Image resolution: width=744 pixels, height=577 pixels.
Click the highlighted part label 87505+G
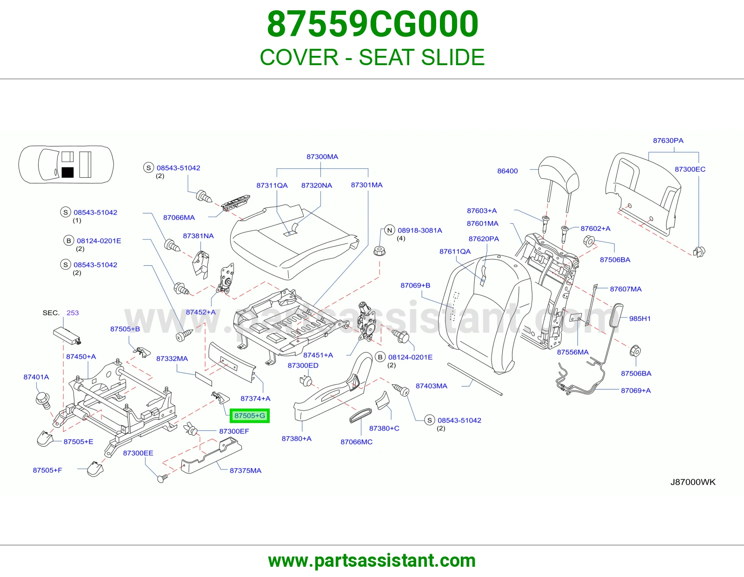250,416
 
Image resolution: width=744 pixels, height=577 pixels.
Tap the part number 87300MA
322,157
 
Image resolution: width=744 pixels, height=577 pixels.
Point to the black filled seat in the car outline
67,172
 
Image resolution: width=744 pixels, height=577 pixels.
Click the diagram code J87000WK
693,482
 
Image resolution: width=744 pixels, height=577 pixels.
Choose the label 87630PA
668,141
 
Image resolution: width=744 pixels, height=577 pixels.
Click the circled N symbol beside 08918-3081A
390,230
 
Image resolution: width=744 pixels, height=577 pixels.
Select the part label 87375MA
246,470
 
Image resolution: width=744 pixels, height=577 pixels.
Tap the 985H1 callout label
640,318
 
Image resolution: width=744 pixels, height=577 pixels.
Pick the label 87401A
36,377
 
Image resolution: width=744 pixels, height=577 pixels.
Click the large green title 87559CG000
372,24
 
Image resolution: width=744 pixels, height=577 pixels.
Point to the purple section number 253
73,313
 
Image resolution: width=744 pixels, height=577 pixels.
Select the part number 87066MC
356,442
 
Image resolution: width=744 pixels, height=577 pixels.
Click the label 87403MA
432,386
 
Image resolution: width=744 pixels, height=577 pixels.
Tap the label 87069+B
415,285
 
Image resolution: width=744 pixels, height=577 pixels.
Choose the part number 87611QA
455,251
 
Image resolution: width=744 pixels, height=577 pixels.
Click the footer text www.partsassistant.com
372,561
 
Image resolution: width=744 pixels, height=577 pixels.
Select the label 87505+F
47,470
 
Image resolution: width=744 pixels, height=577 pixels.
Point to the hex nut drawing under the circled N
379,251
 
